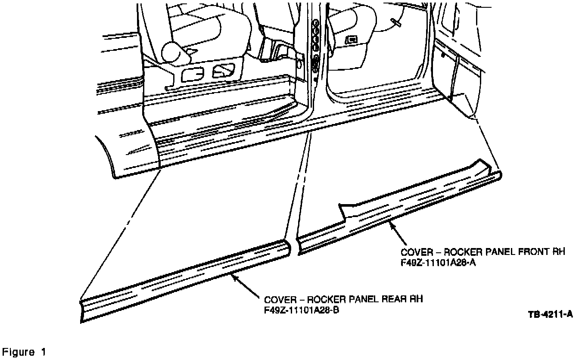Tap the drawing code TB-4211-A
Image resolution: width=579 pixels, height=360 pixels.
(550, 314)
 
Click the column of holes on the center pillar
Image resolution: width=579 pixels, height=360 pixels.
(316, 45)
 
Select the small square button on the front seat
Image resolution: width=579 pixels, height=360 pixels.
(352, 39)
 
